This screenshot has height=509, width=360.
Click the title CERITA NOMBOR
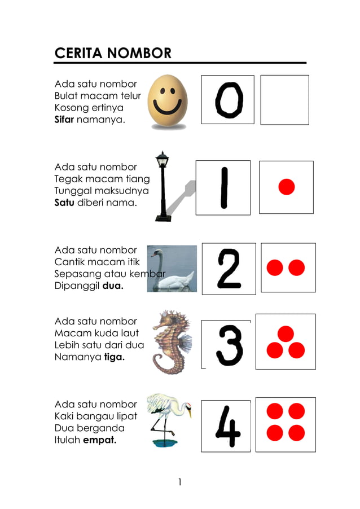[x=113, y=53]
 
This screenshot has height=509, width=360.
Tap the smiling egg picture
[x=168, y=102]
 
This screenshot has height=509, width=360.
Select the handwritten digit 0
[x=229, y=100]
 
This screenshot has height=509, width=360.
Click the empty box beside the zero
[x=284, y=100]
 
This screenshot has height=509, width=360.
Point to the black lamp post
[x=163, y=186]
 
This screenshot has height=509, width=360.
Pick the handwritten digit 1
[x=223, y=188]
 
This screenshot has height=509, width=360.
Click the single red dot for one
[x=287, y=187]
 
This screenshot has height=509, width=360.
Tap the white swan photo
[x=172, y=269]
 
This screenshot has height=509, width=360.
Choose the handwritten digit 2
[x=229, y=269]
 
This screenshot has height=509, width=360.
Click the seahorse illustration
[x=170, y=341]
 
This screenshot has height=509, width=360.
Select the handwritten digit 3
[x=229, y=344]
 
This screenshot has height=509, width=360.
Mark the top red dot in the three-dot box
[x=286, y=334]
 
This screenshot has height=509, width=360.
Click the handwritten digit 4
[x=227, y=427]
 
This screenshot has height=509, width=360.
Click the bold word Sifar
[x=64, y=120]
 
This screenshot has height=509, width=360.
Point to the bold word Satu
[x=64, y=203]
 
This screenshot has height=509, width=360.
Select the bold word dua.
[x=113, y=286]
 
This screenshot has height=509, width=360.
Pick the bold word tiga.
[x=115, y=357]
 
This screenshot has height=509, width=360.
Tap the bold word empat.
[x=99, y=440]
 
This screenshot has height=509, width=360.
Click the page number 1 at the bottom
[x=179, y=481]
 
